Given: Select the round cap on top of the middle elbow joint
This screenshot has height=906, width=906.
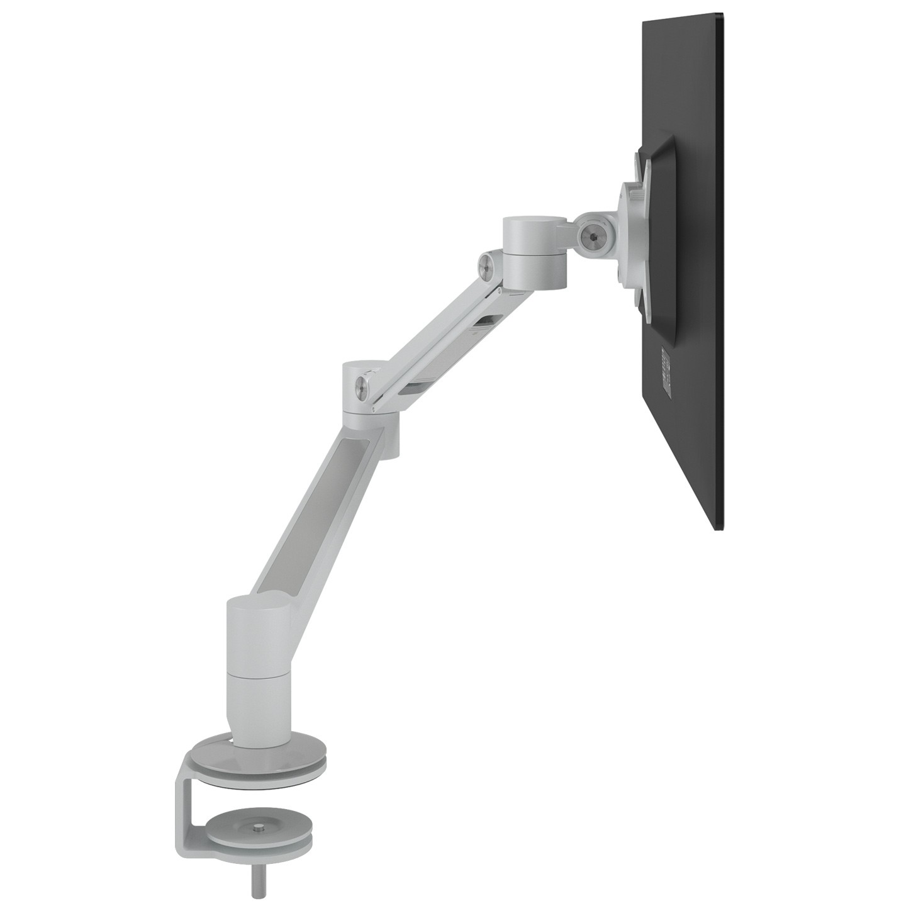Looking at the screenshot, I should click(x=365, y=366).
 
